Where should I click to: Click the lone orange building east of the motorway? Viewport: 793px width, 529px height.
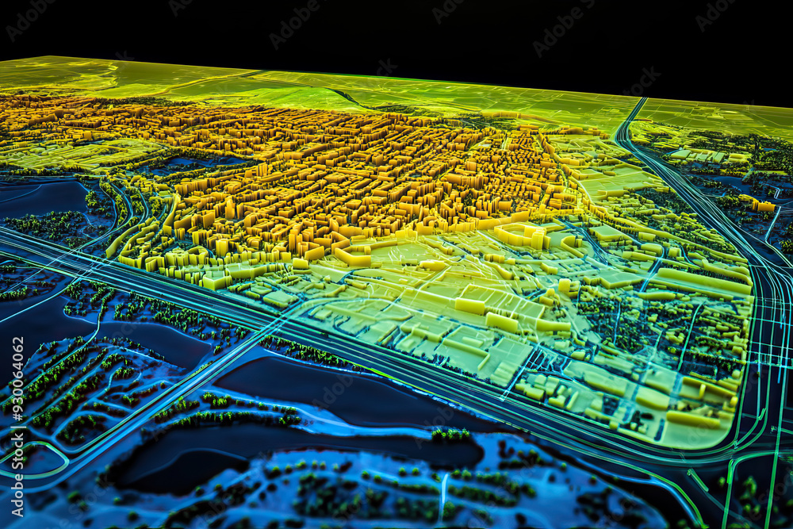pyautogui.click(x=762, y=205)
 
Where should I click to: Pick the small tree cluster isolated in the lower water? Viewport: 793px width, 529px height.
pyautogui.click(x=450, y=434)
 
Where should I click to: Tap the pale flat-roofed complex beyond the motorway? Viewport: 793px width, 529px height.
pyautogui.click(x=698, y=155)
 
